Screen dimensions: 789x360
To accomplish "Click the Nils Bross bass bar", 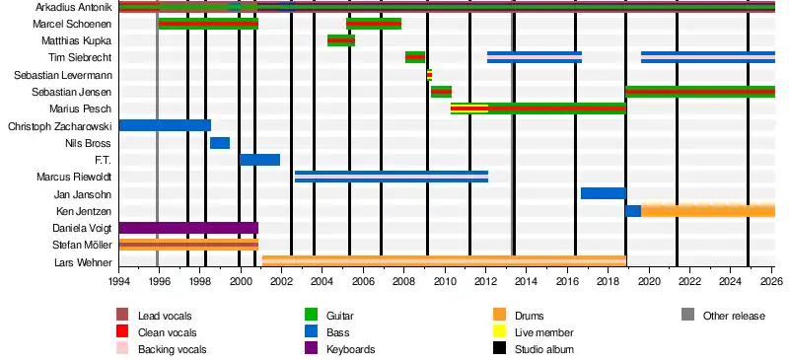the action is point(220,143).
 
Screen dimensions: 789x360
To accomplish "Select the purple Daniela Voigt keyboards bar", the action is point(188,228).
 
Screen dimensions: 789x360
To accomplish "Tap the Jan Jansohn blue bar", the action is point(604,193).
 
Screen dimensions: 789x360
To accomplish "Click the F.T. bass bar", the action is point(259,160).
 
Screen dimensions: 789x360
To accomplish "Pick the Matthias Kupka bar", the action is point(341,40).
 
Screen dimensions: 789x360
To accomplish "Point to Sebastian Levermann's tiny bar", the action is point(429,75).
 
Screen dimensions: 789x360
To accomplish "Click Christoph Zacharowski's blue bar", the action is point(165,125).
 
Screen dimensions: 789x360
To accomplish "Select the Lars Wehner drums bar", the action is point(445,261).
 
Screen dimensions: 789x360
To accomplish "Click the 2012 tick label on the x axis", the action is point(485,280).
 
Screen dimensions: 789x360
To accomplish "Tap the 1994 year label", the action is point(118,280).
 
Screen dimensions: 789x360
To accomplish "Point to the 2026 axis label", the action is point(774,280).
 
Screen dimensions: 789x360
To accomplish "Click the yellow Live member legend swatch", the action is point(499,331).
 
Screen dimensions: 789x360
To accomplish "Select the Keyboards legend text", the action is point(351,349).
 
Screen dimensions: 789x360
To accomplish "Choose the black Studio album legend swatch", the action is point(499,348).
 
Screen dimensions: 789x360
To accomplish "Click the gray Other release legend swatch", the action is point(687,316).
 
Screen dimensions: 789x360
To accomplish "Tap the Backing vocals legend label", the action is point(172,349).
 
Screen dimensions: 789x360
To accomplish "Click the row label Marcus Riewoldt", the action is point(74,177).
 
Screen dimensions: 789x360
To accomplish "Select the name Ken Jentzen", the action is point(85,211).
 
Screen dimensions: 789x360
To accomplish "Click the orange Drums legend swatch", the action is point(499,316).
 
